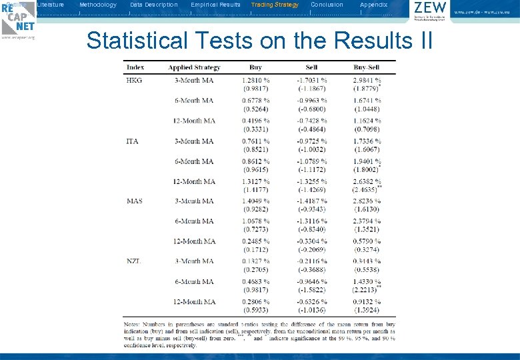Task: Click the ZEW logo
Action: click(430, 11)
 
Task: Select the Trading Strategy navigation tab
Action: click(275, 5)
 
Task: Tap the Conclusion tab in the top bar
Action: click(327, 5)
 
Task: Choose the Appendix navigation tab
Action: click(373, 5)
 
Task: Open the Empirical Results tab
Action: click(215, 5)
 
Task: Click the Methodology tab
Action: click(97, 5)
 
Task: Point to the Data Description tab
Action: click(154, 5)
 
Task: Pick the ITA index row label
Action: click(133, 141)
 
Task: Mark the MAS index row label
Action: click(134, 201)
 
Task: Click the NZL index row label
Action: click(134, 261)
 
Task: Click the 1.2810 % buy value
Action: click(255, 81)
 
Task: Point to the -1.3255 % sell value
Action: click(311, 181)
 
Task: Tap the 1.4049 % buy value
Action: click(255, 201)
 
